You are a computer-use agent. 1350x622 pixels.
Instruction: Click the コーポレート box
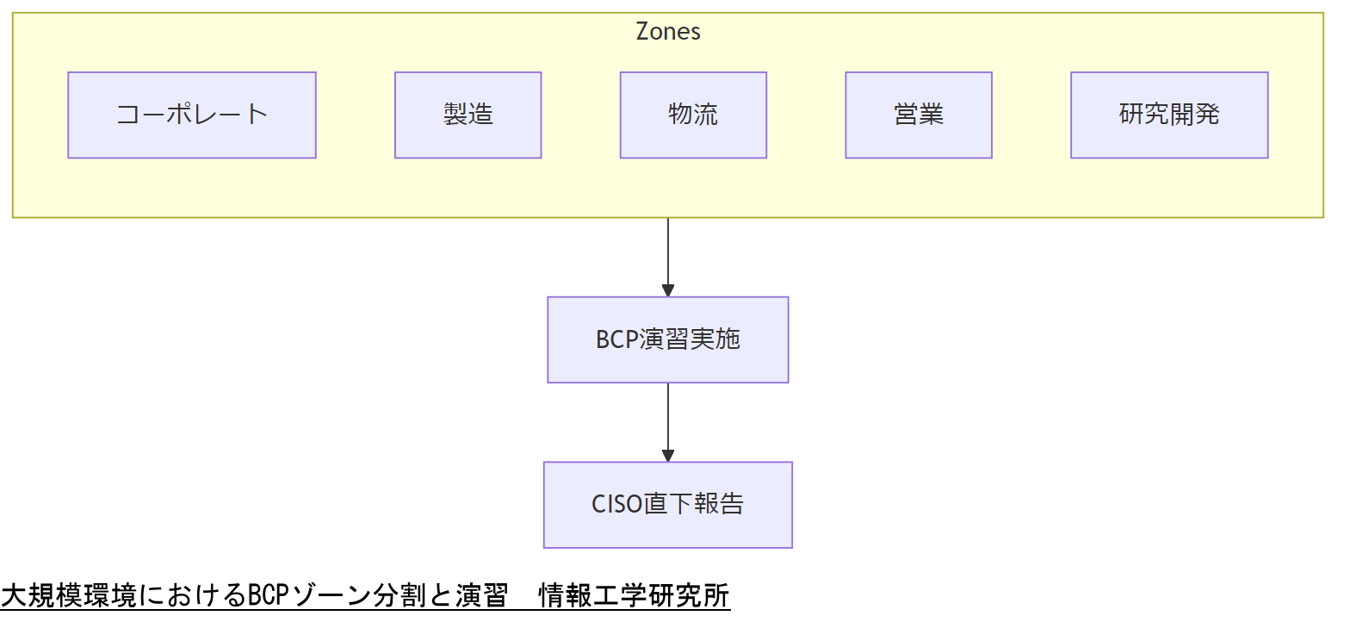point(192,115)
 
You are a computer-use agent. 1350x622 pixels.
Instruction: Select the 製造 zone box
point(468,115)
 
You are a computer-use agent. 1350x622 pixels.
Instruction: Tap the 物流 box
point(693,115)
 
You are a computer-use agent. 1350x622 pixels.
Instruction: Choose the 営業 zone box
point(919,115)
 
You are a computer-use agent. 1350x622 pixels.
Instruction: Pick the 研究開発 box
point(1169,115)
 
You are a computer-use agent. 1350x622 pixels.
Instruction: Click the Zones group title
point(668,32)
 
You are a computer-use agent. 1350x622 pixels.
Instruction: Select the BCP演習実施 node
point(668,339)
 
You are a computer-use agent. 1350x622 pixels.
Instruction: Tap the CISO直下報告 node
point(668,504)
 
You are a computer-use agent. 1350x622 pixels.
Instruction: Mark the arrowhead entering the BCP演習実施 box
point(668,290)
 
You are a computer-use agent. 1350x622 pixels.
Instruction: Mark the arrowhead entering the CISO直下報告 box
point(668,456)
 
